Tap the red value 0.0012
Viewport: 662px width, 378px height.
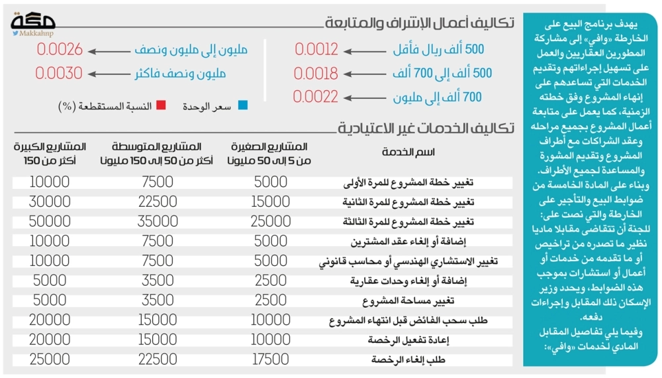click(x=316, y=49)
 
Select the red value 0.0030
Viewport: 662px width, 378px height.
click(x=60, y=73)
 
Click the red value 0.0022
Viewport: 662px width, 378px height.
click(x=316, y=97)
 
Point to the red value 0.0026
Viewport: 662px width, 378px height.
click(x=60, y=49)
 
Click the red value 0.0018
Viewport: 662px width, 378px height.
click(x=316, y=73)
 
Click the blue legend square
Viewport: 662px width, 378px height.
click(x=243, y=105)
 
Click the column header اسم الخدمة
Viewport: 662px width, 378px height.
click(x=408, y=153)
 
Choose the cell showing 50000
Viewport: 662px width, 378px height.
click(x=50, y=221)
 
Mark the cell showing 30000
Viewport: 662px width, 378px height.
click(x=50, y=202)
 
